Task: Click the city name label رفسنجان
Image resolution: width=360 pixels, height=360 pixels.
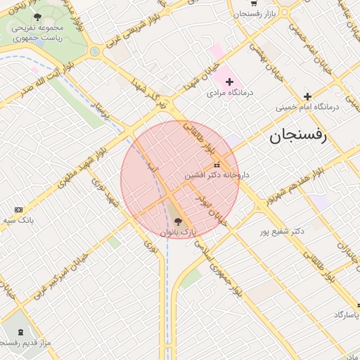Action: click(x=298, y=136)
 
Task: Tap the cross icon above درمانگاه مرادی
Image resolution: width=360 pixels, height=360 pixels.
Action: click(x=229, y=82)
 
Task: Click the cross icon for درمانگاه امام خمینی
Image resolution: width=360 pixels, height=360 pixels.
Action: click(x=307, y=96)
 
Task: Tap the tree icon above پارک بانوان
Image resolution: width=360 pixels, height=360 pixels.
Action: click(x=176, y=221)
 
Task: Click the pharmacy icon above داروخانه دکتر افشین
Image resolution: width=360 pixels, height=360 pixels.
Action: click(x=216, y=164)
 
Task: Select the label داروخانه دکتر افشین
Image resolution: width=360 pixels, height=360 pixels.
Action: click(x=217, y=174)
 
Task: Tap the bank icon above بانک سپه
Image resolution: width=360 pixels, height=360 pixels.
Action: click(x=18, y=210)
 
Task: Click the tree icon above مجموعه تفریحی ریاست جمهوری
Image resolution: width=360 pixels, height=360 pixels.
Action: click(x=37, y=16)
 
